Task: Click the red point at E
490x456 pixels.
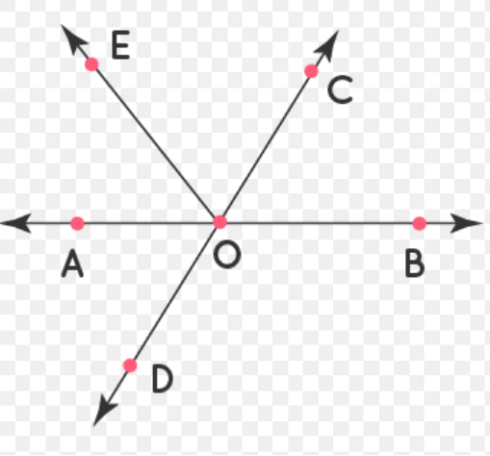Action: [x=91, y=64]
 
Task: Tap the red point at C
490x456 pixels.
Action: [x=311, y=71]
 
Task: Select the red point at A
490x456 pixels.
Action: [x=77, y=223]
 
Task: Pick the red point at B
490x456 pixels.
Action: [x=419, y=223]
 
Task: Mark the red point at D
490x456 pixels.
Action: [x=130, y=366]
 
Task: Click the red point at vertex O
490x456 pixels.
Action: [x=219, y=222]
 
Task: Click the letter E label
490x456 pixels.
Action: [x=121, y=45]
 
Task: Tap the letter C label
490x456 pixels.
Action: [x=340, y=90]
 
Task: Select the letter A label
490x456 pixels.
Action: [x=72, y=264]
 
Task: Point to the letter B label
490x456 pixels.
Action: [x=415, y=264]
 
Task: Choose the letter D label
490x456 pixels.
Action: [x=163, y=379]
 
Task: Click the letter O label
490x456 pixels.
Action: [x=227, y=255]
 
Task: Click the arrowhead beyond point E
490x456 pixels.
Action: [x=73, y=39]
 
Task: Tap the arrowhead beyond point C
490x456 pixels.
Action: [x=327, y=45]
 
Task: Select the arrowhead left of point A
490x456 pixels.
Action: [x=16, y=223]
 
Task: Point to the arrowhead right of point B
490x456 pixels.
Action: [x=466, y=223]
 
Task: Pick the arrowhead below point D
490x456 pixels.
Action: [x=104, y=412]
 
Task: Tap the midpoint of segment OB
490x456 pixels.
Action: [x=320, y=222]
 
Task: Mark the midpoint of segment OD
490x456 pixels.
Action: [x=175, y=293]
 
